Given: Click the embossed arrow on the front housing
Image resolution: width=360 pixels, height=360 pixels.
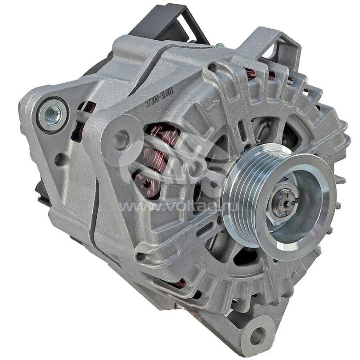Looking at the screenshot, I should click(x=213, y=105).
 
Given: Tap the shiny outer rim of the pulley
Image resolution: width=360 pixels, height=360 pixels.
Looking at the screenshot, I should click(x=315, y=225).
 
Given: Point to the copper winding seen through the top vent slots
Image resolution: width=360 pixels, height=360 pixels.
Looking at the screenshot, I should click(x=250, y=74).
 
